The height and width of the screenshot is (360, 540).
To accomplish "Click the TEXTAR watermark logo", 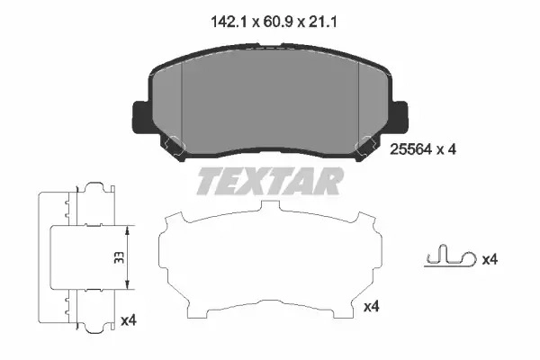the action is tap(270, 181).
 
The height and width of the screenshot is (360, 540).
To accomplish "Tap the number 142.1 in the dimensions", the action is tap(229, 22).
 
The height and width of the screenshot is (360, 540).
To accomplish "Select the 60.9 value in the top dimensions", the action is tap(278, 22).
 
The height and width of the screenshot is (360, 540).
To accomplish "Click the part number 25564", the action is tap(410, 149).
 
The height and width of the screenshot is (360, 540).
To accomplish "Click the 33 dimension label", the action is tap(119, 257).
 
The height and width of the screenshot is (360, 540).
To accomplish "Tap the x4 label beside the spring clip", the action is tap(490, 259).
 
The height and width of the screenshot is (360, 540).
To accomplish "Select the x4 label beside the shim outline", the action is tap(371, 306).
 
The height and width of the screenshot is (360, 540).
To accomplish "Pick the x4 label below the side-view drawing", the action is tap(129, 320).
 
